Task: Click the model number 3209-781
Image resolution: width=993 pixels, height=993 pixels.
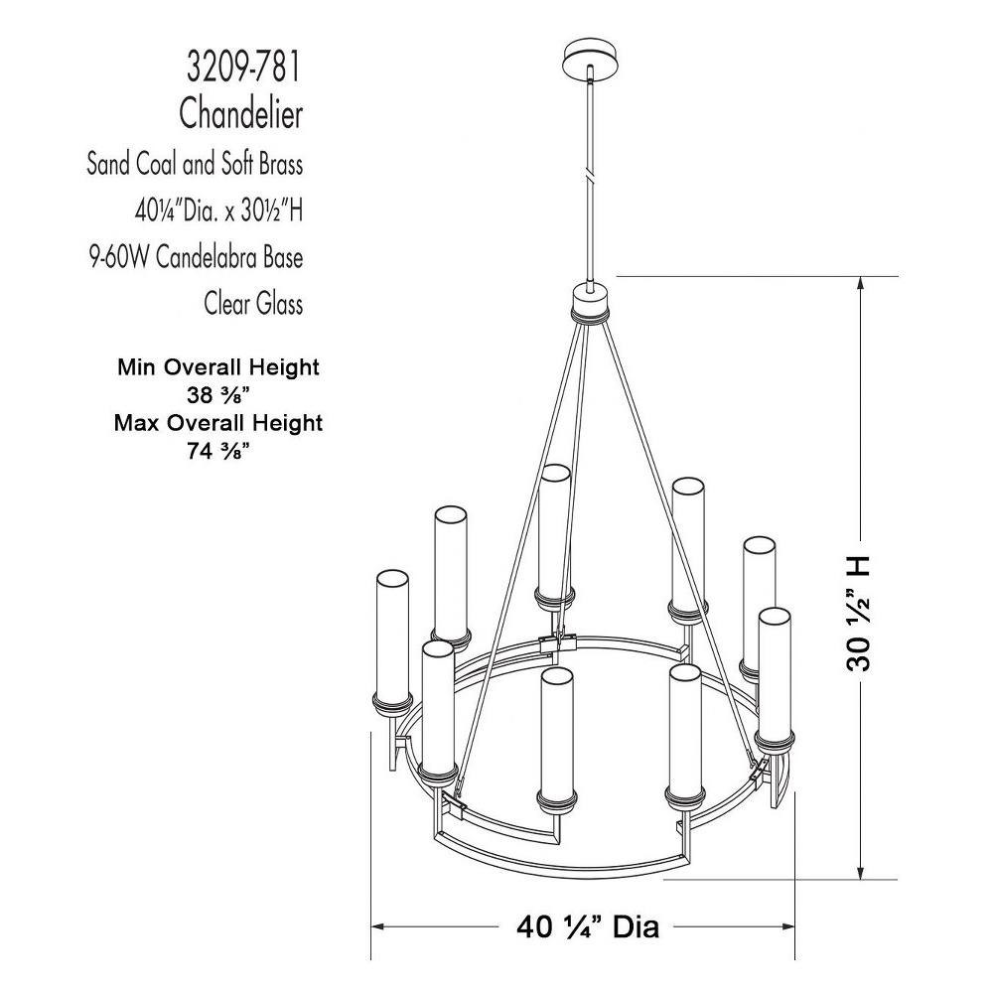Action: [243, 68]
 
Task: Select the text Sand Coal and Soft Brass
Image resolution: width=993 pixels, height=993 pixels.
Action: [195, 164]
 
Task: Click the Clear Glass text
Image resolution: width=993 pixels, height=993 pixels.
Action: [253, 303]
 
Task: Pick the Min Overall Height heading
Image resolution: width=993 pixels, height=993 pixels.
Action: [218, 366]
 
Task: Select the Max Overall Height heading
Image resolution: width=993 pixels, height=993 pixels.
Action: [218, 422]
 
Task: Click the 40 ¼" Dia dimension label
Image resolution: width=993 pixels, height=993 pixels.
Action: [588, 927]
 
